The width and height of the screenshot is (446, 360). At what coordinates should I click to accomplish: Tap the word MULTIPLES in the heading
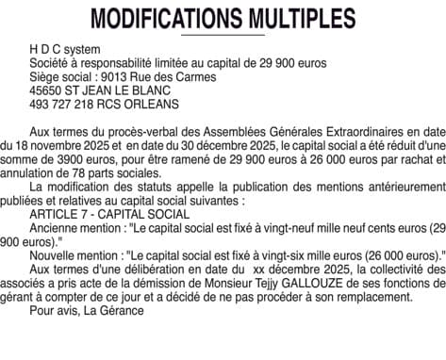click(298, 19)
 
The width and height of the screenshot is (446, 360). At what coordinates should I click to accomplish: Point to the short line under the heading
click(223, 35)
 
